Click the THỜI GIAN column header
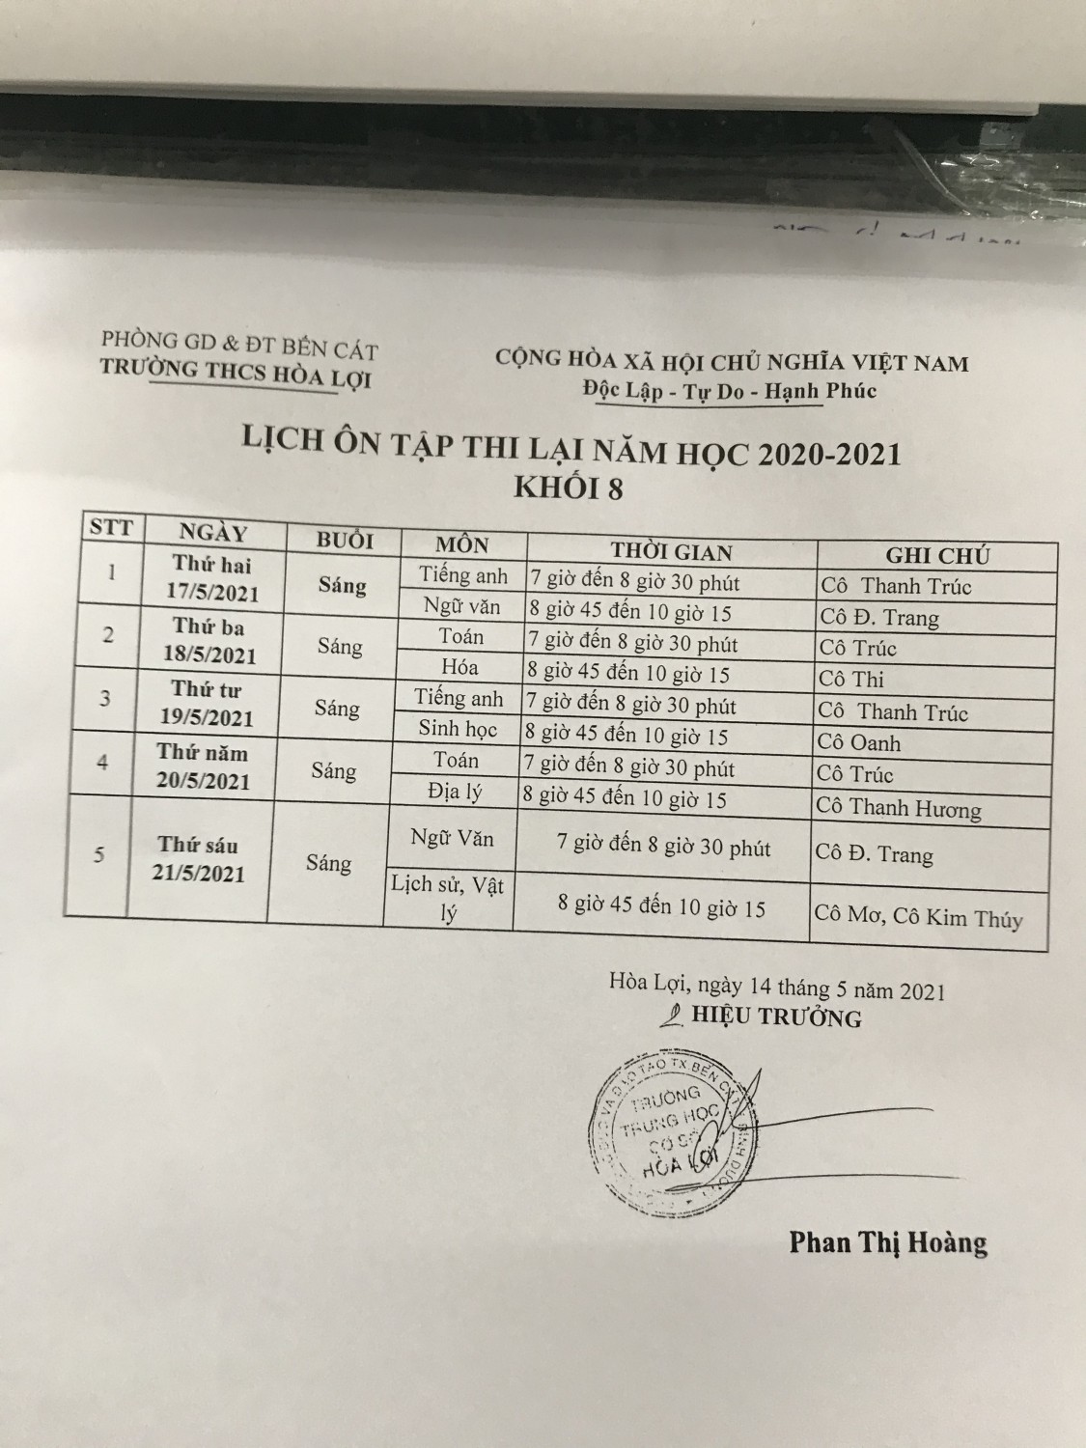672,551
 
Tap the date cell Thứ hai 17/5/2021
214,577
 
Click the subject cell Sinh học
458,729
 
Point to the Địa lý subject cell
454,793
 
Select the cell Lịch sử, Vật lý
447,897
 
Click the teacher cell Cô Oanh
859,743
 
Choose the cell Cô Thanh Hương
898,809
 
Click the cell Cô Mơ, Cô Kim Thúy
917,915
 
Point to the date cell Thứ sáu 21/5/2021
199,859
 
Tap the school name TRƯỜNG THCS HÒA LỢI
236,371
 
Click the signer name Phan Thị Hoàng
888,1241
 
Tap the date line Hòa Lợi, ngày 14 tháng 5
776,989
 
